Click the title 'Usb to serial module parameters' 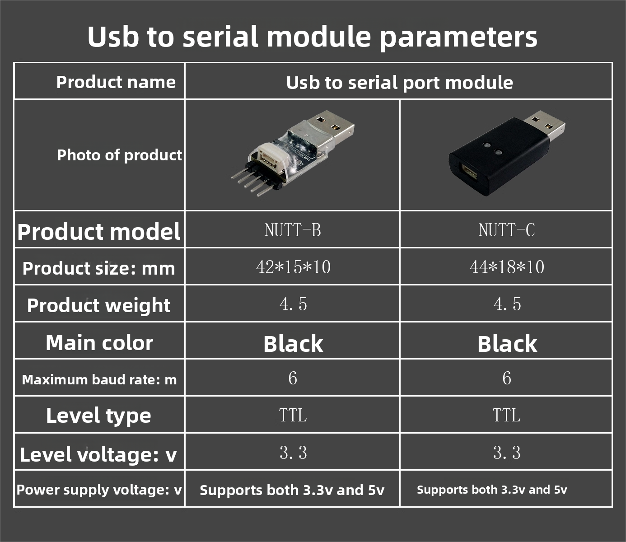(x=312, y=37)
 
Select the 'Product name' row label (x=116, y=82)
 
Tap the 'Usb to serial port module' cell (x=399, y=83)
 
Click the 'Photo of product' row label (x=119, y=155)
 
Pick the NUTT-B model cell (x=293, y=230)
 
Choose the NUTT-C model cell (x=507, y=230)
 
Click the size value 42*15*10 (x=293, y=267)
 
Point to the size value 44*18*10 (x=507, y=267)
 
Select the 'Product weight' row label (x=99, y=305)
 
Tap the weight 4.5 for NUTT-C (x=507, y=304)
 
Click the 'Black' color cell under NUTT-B (x=293, y=344)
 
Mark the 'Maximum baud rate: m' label (x=99, y=380)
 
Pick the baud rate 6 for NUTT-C (x=507, y=378)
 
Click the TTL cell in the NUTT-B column (x=293, y=415)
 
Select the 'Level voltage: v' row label (x=98, y=455)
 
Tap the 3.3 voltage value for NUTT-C (x=507, y=453)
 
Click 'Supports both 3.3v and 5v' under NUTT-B (x=292, y=490)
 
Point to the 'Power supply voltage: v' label (x=99, y=490)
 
